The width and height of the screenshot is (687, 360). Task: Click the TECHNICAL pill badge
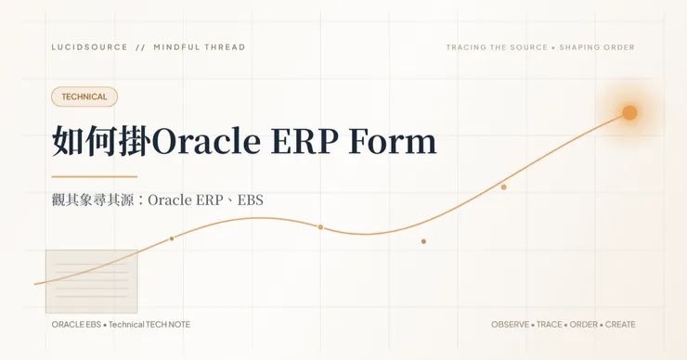[x=84, y=96]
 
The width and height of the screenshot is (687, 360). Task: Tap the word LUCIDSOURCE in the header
[x=89, y=47]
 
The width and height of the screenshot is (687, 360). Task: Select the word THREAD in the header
[x=224, y=47]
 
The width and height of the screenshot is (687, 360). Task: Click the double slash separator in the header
[x=140, y=47]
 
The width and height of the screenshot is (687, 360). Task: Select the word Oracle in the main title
[x=206, y=141]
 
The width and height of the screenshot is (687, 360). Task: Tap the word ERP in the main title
[x=305, y=141]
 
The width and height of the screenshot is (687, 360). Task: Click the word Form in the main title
[x=393, y=141]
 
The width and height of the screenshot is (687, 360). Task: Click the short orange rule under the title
[x=94, y=177]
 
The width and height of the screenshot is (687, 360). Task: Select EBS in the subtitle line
[x=250, y=200]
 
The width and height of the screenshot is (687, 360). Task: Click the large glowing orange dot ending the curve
[x=629, y=112]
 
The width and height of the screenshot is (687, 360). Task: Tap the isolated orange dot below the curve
[x=423, y=241]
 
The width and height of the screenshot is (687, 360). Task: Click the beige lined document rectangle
[x=92, y=281]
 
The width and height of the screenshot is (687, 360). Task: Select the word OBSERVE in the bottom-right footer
[x=510, y=325]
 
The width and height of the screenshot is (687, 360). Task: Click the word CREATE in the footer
[x=620, y=325]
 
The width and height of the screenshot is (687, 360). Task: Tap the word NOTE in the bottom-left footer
[x=179, y=325]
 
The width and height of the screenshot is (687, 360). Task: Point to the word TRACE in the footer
[x=550, y=325]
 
